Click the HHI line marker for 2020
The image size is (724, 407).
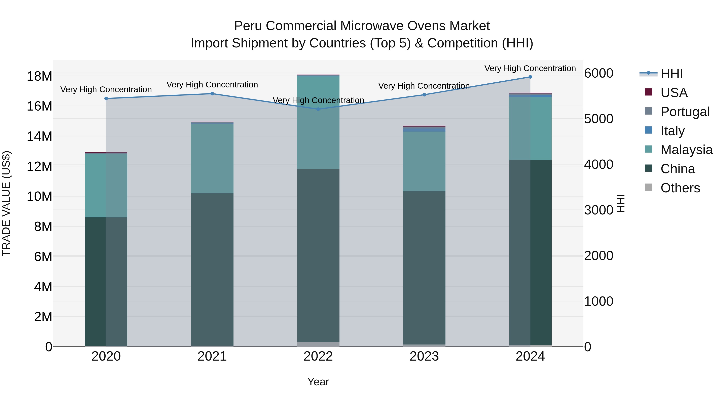(106, 99)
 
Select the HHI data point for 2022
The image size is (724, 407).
(318, 109)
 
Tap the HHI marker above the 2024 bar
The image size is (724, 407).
(530, 77)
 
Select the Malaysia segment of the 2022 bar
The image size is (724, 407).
(318, 122)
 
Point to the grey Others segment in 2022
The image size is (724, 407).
(318, 344)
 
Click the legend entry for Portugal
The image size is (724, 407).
(685, 112)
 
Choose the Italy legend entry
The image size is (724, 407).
(672, 131)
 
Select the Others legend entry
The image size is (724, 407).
(680, 188)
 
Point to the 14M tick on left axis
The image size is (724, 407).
(39, 136)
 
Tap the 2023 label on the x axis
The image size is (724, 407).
(424, 356)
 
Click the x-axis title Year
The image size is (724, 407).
(318, 382)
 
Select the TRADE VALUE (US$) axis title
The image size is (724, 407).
(6, 203)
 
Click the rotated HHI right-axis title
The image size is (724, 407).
(621, 203)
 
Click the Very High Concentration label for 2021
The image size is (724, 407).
(212, 85)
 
